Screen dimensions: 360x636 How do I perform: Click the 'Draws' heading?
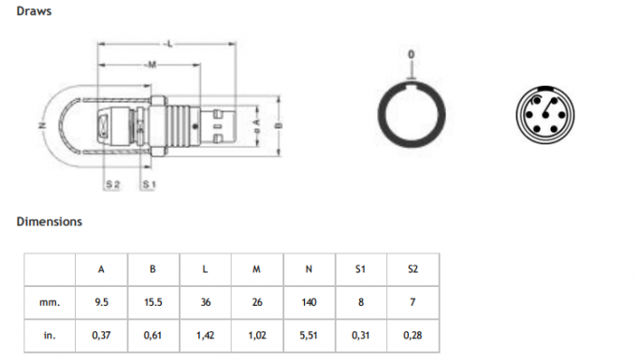34,11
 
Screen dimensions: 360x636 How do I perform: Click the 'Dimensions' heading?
49,222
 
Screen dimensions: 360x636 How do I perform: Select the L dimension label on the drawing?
167,44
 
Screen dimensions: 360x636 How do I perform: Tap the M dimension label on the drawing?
150,65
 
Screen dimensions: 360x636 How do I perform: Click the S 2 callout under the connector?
113,185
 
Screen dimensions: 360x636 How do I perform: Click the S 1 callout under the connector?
148,185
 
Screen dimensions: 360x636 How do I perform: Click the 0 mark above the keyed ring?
411,55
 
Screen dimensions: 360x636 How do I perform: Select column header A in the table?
101,269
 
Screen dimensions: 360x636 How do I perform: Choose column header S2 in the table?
412,269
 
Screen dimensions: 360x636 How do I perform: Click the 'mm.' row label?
50,302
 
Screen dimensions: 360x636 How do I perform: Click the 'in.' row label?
50,334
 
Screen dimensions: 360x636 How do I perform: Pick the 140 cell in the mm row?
309,302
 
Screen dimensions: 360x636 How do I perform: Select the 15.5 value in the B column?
152,302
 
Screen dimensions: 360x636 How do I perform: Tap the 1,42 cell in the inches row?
205,334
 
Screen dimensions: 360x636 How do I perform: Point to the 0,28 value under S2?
412,334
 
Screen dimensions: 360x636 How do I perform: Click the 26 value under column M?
256,302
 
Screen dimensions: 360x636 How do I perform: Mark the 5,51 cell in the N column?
309,334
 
